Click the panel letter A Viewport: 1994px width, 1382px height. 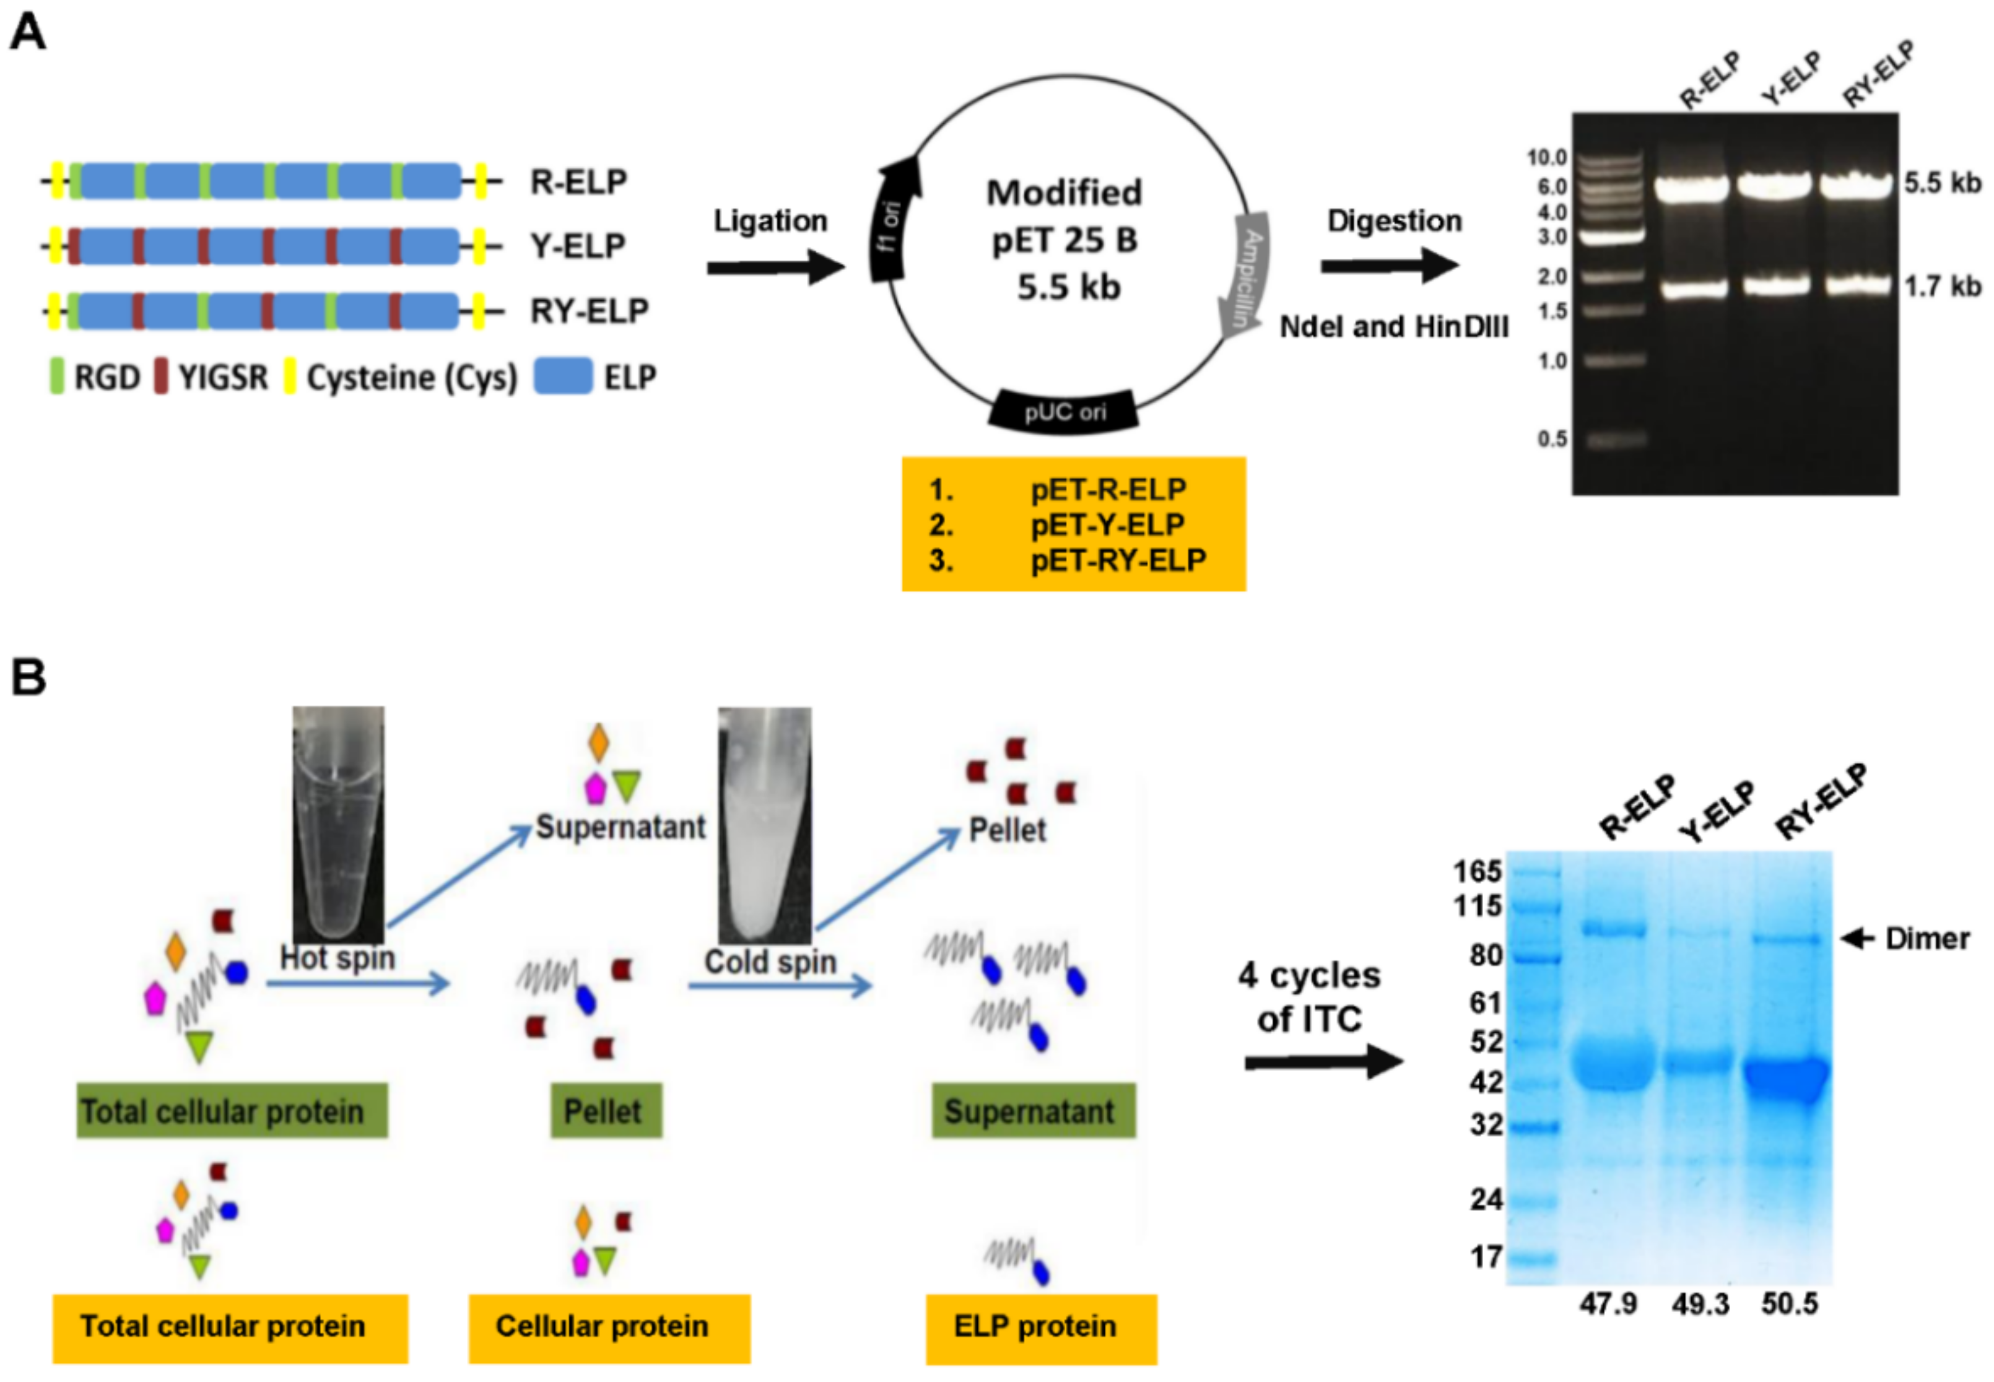(x=28, y=35)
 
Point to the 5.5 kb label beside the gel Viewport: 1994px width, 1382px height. (x=1942, y=183)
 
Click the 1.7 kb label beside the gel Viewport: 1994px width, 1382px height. (x=1942, y=286)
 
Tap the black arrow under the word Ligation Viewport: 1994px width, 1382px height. (x=775, y=267)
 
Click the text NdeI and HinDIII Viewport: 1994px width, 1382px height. (x=1394, y=328)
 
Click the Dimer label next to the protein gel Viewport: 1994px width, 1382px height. (x=1927, y=939)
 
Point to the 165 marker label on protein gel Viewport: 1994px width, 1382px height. (x=1477, y=871)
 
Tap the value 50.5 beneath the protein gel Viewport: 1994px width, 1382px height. (x=1790, y=1304)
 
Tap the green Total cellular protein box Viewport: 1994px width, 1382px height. (x=232, y=1111)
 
